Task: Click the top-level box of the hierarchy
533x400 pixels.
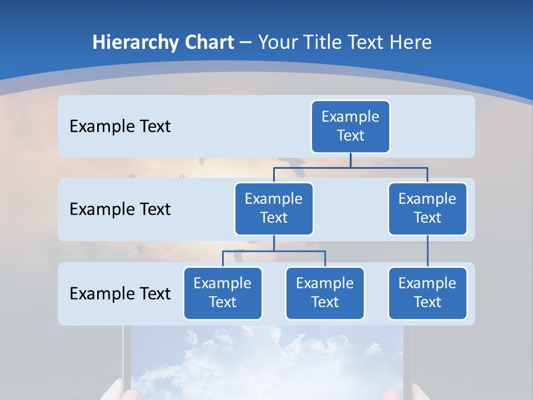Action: [x=350, y=126]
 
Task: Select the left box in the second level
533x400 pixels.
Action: [x=274, y=208]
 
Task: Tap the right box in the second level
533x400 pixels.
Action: [x=428, y=208]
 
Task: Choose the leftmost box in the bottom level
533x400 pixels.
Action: [x=223, y=293]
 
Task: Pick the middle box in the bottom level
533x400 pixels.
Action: [x=325, y=293]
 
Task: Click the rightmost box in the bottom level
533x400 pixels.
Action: [x=428, y=293]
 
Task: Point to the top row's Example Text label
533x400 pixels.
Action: [x=120, y=126]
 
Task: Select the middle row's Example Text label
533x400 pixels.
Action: [x=120, y=209]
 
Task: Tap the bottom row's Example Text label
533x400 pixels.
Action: [x=120, y=293]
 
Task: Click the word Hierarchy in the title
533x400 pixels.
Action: [x=134, y=42]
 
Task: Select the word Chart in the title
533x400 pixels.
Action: [x=208, y=42]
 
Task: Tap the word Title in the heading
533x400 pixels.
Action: [x=324, y=42]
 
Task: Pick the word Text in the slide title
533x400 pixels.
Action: [x=366, y=42]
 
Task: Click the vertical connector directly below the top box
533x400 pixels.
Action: [x=350, y=160]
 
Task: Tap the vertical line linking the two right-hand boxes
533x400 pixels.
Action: [x=428, y=251]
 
